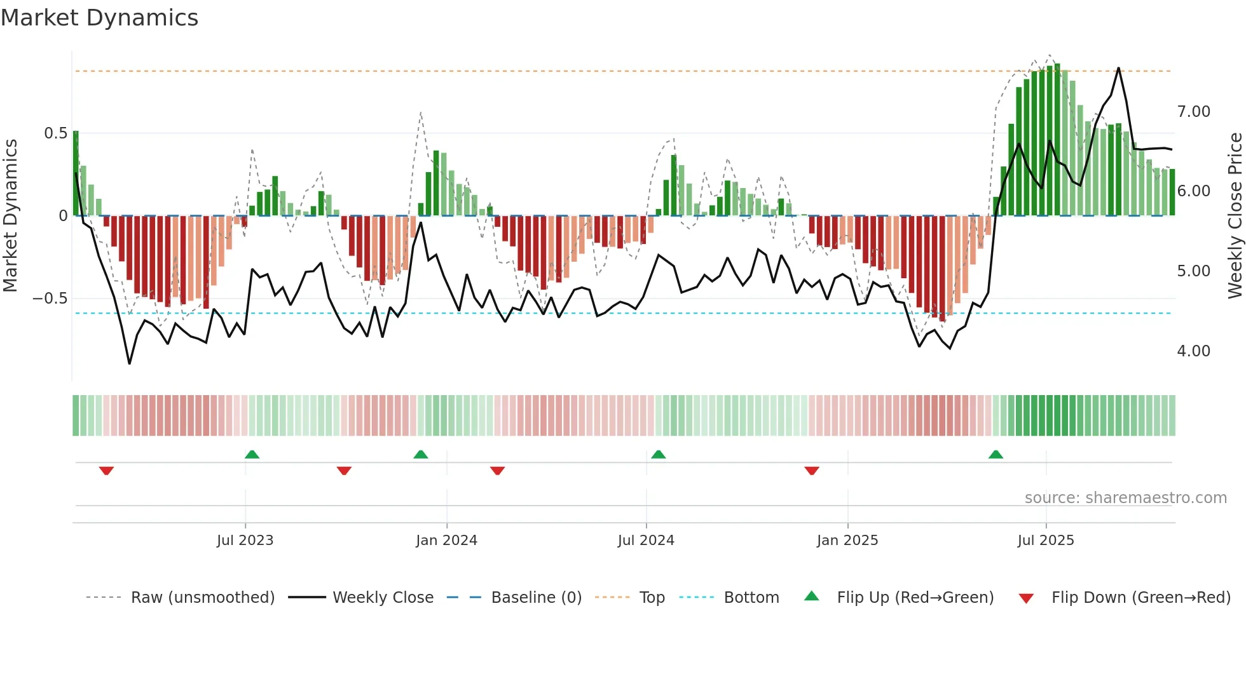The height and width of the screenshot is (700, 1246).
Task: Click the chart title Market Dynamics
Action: click(99, 18)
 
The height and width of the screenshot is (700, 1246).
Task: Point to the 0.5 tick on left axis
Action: click(55, 133)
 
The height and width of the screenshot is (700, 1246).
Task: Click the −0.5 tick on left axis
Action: click(50, 299)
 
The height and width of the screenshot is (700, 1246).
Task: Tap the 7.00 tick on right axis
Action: click(1193, 112)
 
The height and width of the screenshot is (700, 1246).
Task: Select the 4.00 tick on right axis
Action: click(1193, 351)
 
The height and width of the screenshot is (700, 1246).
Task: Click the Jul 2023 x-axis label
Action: click(245, 541)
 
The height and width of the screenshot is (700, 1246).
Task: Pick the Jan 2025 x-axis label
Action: click(847, 541)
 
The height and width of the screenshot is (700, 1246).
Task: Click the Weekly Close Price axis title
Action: click(1235, 216)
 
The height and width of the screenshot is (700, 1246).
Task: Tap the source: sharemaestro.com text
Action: click(1125, 498)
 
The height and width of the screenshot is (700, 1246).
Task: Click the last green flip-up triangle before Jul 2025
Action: click(996, 455)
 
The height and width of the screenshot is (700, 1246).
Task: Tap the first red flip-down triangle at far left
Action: click(106, 471)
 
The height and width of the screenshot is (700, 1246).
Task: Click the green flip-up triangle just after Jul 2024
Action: click(658, 455)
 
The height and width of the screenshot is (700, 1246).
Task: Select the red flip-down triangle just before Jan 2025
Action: click(811, 471)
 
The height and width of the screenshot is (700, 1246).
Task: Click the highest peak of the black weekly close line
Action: click(1118, 69)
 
